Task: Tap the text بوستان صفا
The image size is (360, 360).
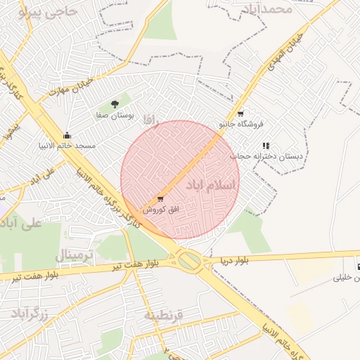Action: point(116,114)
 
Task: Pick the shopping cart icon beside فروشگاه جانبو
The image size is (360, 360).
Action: point(240,113)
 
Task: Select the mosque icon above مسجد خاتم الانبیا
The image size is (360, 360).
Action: point(67,136)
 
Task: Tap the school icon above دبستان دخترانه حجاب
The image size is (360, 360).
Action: point(265,146)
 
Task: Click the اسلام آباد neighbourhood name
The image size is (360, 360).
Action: point(212,184)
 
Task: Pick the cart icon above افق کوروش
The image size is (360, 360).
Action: point(161,199)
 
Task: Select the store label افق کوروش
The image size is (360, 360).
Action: point(162,209)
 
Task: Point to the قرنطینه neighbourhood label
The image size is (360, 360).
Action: point(163,315)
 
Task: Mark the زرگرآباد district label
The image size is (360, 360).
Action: point(30,314)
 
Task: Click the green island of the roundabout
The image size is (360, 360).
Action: point(188,261)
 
